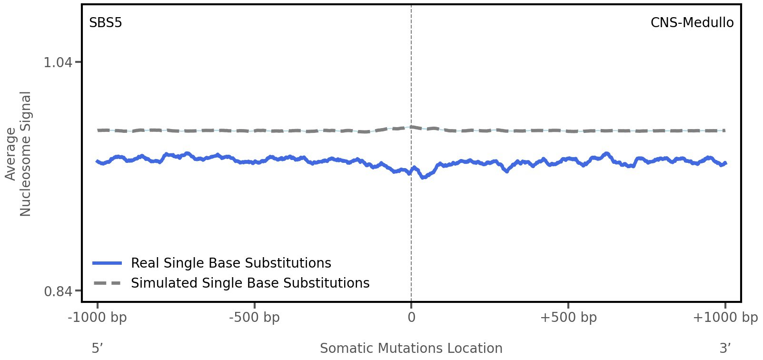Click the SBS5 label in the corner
click(x=105, y=23)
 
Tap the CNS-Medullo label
click(x=692, y=23)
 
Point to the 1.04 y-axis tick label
click(x=58, y=62)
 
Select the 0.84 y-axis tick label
click(x=58, y=291)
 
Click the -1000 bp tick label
click(x=98, y=318)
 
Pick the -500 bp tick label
click(x=254, y=318)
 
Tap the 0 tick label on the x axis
click(x=411, y=318)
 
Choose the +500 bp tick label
click(x=568, y=318)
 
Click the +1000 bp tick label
click(x=724, y=318)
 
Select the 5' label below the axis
click(x=98, y=349)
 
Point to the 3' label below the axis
click(x=725, y=349)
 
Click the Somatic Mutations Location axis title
click(x=411, y=349)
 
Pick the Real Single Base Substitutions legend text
click(x=231, y=263)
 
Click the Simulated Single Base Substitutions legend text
click(x=250, y=283)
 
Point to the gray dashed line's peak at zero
click(x=411, y=127)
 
